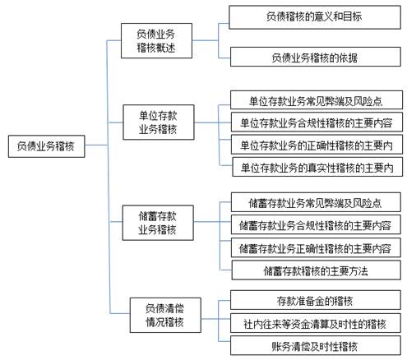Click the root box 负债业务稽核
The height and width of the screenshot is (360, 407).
click(46, 146)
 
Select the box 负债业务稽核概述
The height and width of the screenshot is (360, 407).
click(156, 41)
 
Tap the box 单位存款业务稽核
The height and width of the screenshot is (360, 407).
click(159, 122)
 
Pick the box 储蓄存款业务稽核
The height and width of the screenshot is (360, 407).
click(158, 223)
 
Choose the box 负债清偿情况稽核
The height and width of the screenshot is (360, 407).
click(165, 315)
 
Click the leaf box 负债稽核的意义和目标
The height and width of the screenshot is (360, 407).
click(315, 17)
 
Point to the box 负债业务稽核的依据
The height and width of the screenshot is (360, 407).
click(316, 57)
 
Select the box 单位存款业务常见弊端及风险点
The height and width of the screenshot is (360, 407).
click(317, 100)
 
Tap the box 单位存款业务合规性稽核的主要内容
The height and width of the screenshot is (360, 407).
click(317, 122)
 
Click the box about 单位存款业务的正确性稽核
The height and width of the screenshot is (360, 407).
click(317, 145)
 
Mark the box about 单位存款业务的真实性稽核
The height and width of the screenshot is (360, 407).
click(317, 167)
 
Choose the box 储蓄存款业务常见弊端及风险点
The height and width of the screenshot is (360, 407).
click(316, 202)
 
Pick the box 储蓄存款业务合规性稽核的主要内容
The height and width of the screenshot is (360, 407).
click(316, 224)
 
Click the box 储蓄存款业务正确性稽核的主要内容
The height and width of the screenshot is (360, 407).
click(316, 247)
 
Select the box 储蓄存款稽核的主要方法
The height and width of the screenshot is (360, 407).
click(317, 270)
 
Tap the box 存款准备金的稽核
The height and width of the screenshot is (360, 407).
click(316, 300)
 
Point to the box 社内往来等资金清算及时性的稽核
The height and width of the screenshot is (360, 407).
click(316, 323)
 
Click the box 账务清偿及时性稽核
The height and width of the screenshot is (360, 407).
click(316, 346)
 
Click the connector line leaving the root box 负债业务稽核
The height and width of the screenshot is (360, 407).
click(96, 145)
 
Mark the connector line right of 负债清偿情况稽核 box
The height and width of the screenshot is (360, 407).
click(210, 319)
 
